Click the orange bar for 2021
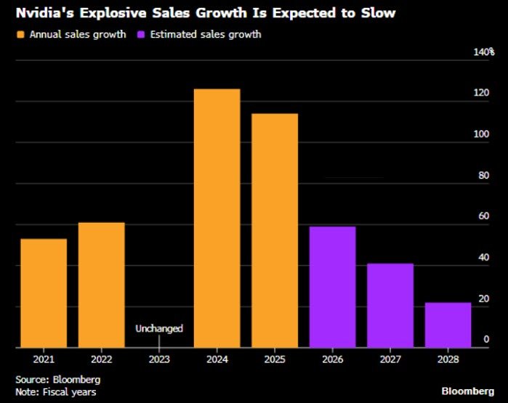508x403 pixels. coord(44,293)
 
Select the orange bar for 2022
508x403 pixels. coord(101,285)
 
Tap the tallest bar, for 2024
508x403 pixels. coord(217,218)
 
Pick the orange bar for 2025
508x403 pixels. coord(275,230)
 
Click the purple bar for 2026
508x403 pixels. coord(332,287)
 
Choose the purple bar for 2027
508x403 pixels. coord(390,305)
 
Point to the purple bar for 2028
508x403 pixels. coord(448,325)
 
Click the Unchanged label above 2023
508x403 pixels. coord(159,328)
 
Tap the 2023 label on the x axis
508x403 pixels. coord(159,358)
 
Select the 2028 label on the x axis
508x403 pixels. coord(448,358)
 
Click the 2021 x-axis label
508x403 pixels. coord(44,358)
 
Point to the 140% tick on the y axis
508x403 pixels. coord(483,52)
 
